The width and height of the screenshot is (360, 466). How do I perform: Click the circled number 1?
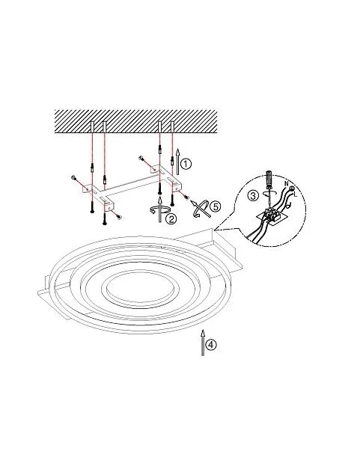coord(186,164)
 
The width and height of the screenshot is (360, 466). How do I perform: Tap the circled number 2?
coord(171,219)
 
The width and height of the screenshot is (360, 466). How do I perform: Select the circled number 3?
coord(253,196)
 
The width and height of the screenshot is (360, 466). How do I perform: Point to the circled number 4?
coord(211,345)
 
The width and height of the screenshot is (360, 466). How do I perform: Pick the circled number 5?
coord(216,206)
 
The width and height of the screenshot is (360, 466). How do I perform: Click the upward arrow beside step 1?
coord(178,162)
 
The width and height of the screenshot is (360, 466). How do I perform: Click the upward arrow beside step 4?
coord(203,343)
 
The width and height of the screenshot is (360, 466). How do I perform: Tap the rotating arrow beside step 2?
coord(160,209)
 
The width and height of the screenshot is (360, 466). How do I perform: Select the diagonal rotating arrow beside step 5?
coord(200,209)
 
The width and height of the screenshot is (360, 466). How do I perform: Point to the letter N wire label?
coord(287,184)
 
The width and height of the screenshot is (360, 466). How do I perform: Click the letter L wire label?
coord(295,194)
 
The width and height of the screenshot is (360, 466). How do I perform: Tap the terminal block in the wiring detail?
coord(270,215)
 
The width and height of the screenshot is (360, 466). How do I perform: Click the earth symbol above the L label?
coord(292,188)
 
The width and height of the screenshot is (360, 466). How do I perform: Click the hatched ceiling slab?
coord(136,121)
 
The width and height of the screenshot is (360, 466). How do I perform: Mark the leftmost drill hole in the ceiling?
coord(92,126)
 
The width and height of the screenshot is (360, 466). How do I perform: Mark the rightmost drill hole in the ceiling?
coord(172,126)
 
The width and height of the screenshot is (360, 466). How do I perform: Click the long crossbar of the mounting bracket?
coord(132,185)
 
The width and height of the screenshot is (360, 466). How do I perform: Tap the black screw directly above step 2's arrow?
coord(159,188)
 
